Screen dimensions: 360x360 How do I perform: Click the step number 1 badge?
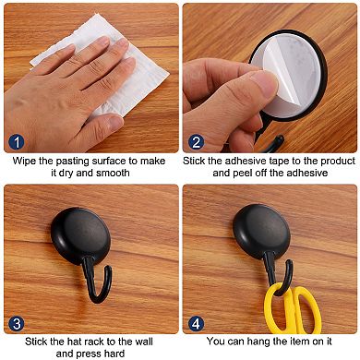(15, 141)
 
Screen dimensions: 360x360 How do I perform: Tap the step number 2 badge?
(194, 141)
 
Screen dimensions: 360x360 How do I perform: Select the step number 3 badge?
(15, 323)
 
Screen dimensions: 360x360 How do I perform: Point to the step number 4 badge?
(194, 323)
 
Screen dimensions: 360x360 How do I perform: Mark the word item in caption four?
(302, 342)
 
